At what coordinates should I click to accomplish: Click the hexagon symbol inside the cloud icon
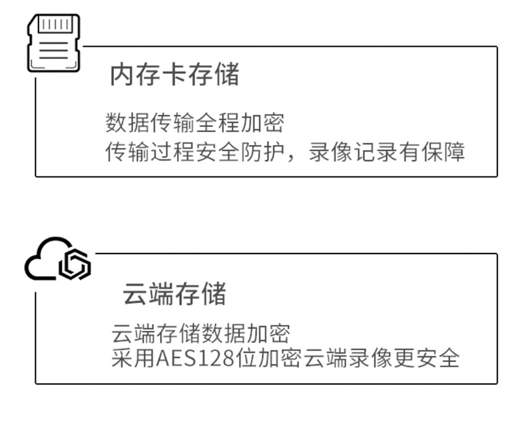[74, 266]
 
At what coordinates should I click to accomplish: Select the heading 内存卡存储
[174, 75]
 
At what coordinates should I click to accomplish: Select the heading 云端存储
[174, 294]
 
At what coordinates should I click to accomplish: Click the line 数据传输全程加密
[195, 123]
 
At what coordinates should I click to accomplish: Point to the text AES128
[195, 359]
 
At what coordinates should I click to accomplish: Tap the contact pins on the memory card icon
[53, 25]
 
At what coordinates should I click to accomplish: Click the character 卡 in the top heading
[174, 75]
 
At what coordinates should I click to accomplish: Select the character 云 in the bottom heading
[135, 294]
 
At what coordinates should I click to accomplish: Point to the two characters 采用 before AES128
[133, 359]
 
